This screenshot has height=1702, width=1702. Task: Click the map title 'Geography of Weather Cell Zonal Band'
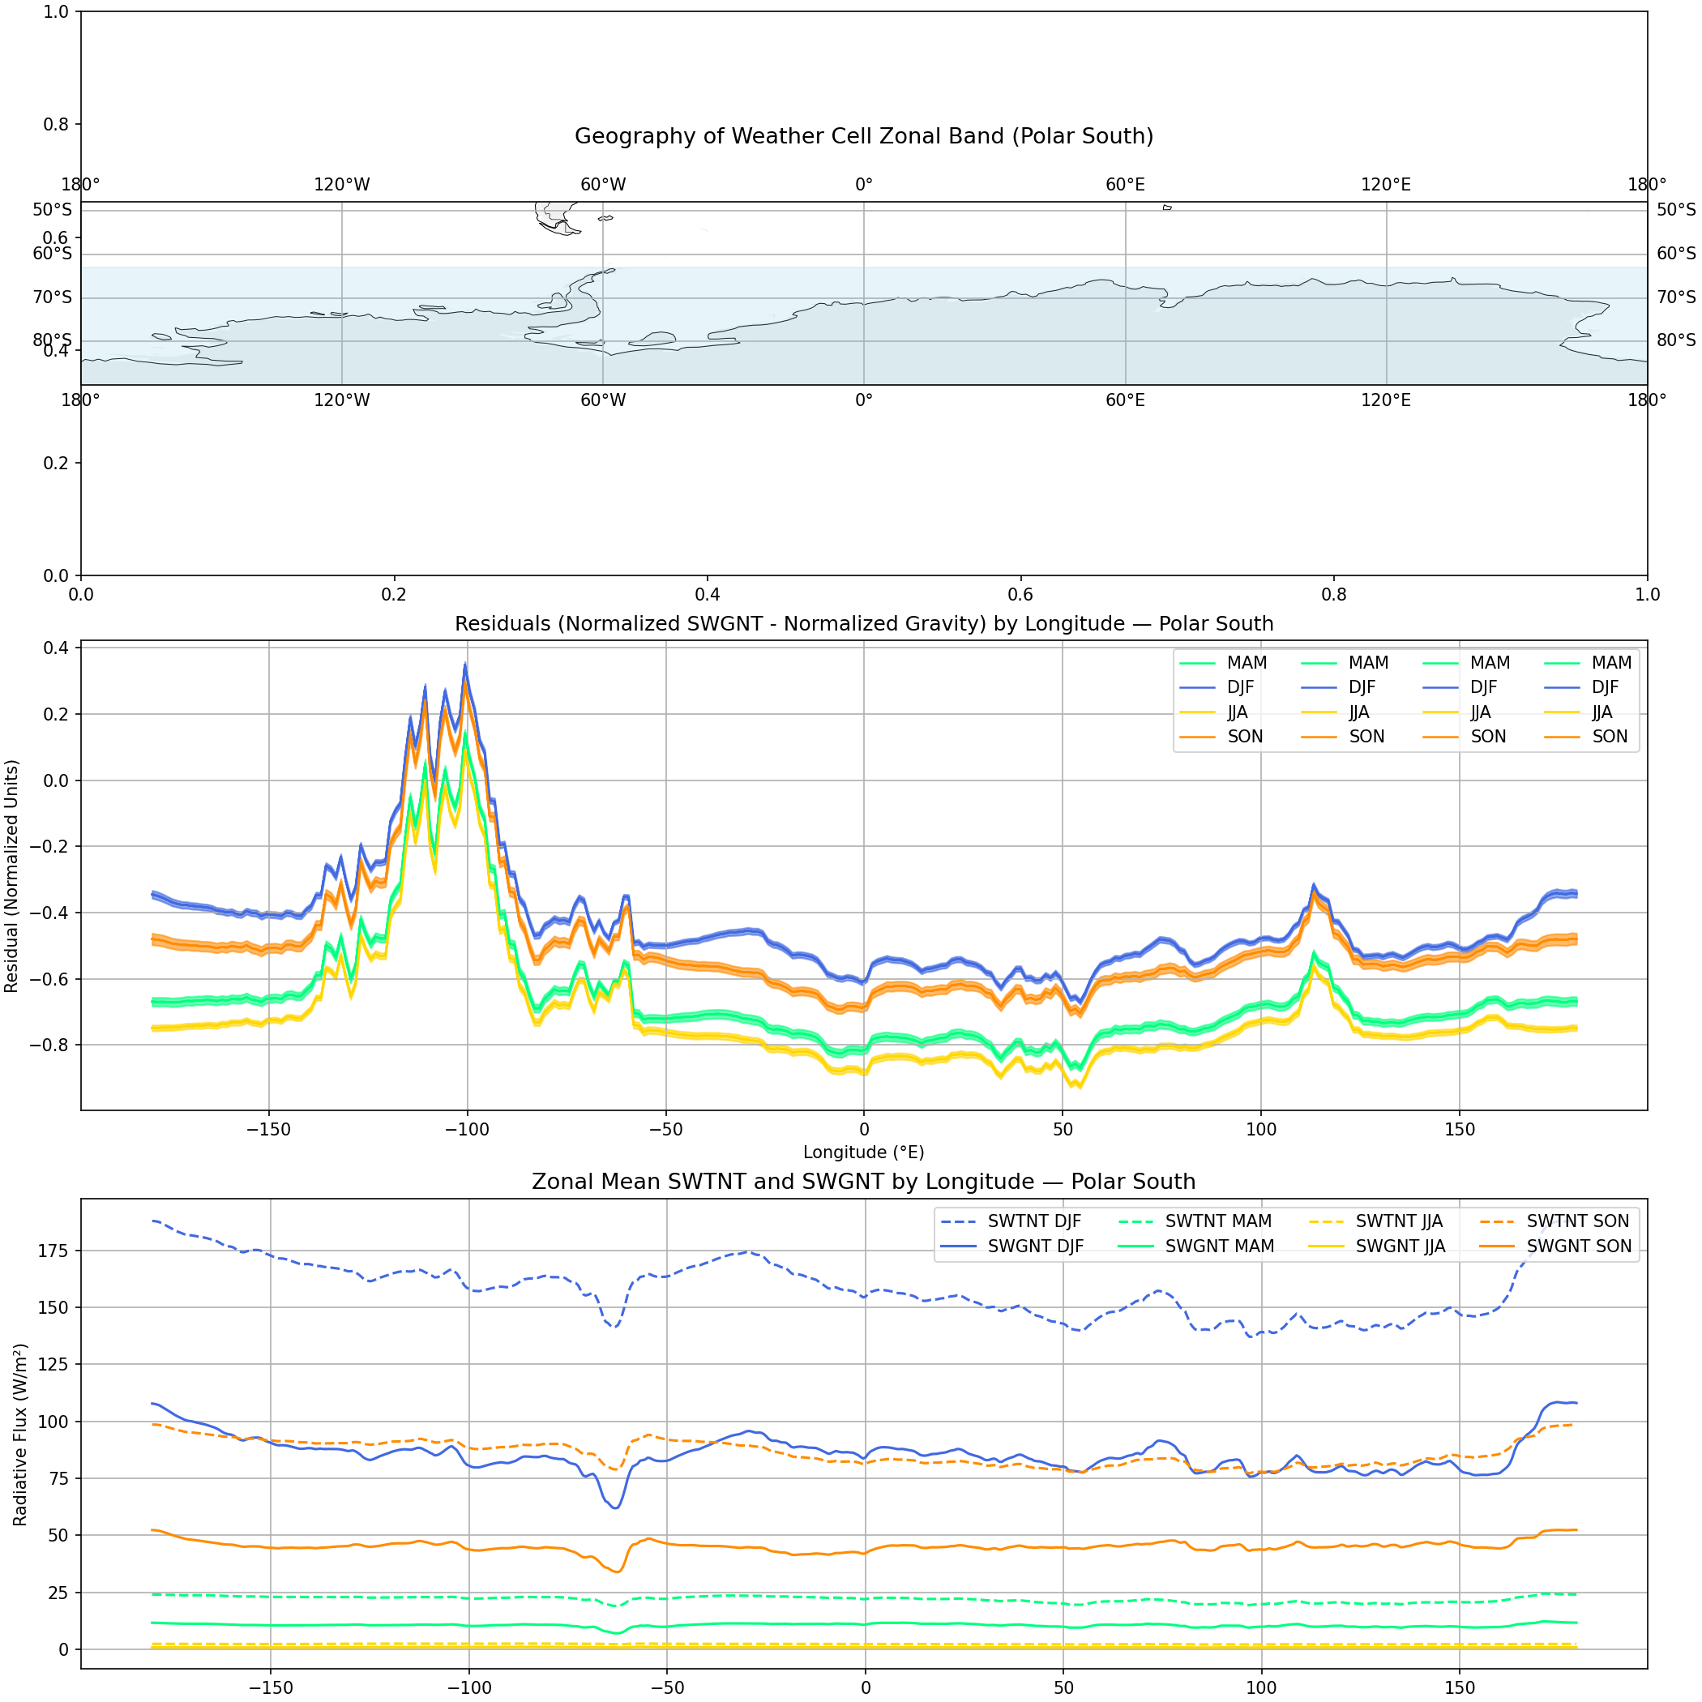point(863,136)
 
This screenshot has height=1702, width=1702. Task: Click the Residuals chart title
point(863,624)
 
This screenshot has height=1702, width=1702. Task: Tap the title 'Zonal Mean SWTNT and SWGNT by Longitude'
point(863,1182)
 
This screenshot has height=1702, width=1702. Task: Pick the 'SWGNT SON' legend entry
point(1578,1246)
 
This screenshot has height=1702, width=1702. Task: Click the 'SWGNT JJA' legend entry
point(1400,1246)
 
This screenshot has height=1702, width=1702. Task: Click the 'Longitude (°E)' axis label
point(863,1152)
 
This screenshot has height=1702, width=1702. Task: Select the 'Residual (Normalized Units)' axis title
point(11,877)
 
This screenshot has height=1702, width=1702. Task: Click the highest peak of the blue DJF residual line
point(465,665)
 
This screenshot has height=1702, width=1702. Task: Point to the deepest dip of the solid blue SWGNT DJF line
point(616,1507)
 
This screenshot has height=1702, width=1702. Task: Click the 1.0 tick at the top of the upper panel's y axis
point(57,11)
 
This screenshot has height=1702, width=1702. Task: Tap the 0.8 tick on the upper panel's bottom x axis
point(1334,595)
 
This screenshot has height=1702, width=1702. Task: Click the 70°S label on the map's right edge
point(1675,297)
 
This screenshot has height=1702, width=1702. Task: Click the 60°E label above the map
point(1125,185)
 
